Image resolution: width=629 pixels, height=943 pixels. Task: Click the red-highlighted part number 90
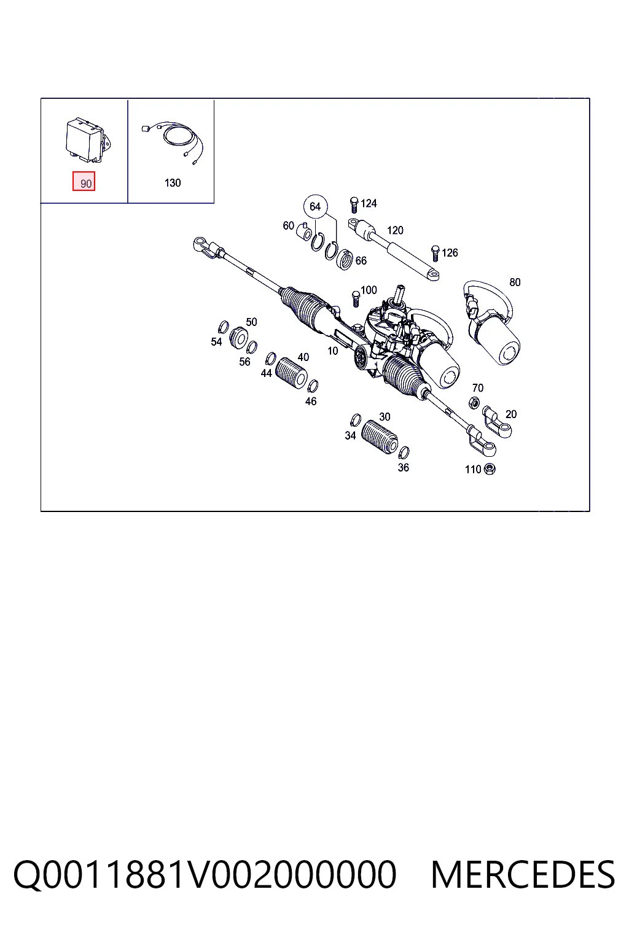click(x=84, y=182)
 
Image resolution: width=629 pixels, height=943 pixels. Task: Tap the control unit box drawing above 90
click(x=88, y=140)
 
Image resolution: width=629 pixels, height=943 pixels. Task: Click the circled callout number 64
click(x=315, y=206)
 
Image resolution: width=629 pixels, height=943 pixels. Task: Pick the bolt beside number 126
click(x=436, y=254)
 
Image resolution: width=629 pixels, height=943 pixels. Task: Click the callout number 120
click(x=395, y=230)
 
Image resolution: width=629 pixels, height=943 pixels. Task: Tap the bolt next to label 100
click(x=356, y=299)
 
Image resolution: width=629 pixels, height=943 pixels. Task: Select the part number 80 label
click(x=515, y=282)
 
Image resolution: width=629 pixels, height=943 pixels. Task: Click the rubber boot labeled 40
click(x=291, y=373)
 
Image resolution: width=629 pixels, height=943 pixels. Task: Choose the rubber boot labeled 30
click(x=379, y=437)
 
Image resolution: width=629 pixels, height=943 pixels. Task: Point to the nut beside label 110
click(x=490, y=469)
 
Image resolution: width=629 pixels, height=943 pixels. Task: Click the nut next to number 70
click(x=474, y=403)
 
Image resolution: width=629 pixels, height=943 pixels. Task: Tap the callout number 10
click(x=333, y=351)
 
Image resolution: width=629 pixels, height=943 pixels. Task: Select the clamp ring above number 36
click(x=404, y=452)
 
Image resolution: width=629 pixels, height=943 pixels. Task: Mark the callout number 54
click(x=216, y=341)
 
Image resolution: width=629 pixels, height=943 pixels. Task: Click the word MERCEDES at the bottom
click(x=523, y=875)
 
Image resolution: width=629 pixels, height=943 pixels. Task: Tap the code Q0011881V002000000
click(x=205, y=875)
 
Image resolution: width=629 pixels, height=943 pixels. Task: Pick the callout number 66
click(x=361, y=260)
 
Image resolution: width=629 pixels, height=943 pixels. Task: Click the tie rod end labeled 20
click(x=497, y=421)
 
